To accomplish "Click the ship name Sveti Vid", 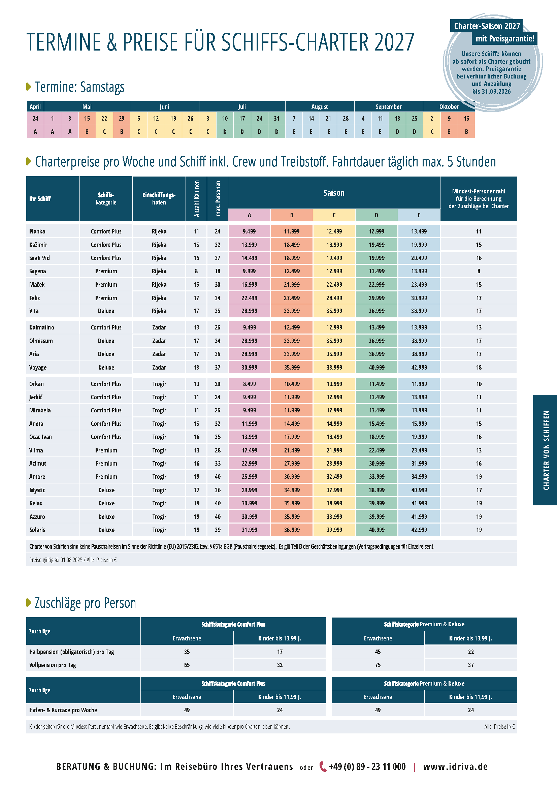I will [39, 258].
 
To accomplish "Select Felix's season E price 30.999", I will [419, 298].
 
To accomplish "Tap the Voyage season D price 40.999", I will [376, 367].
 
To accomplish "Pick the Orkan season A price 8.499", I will [249, 384].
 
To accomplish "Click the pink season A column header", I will [249, 215].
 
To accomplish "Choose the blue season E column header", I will [419, 215].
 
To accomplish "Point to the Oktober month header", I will [449, 106].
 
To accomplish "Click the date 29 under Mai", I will [122, 118].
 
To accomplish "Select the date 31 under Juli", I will [276, 118].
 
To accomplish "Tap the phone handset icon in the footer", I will [323, 766].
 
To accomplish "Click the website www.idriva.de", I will [455, 766].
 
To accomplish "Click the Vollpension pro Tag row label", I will [53, 665].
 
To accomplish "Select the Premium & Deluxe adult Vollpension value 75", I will [378, 665].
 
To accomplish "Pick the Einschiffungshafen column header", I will [159, 198].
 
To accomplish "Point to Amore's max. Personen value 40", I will [218, 476].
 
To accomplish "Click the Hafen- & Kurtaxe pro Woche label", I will [63, 710].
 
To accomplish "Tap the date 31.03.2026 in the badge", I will [496, 91].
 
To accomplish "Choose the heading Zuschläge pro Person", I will [86, 603].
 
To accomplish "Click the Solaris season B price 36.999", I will [292, 530].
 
